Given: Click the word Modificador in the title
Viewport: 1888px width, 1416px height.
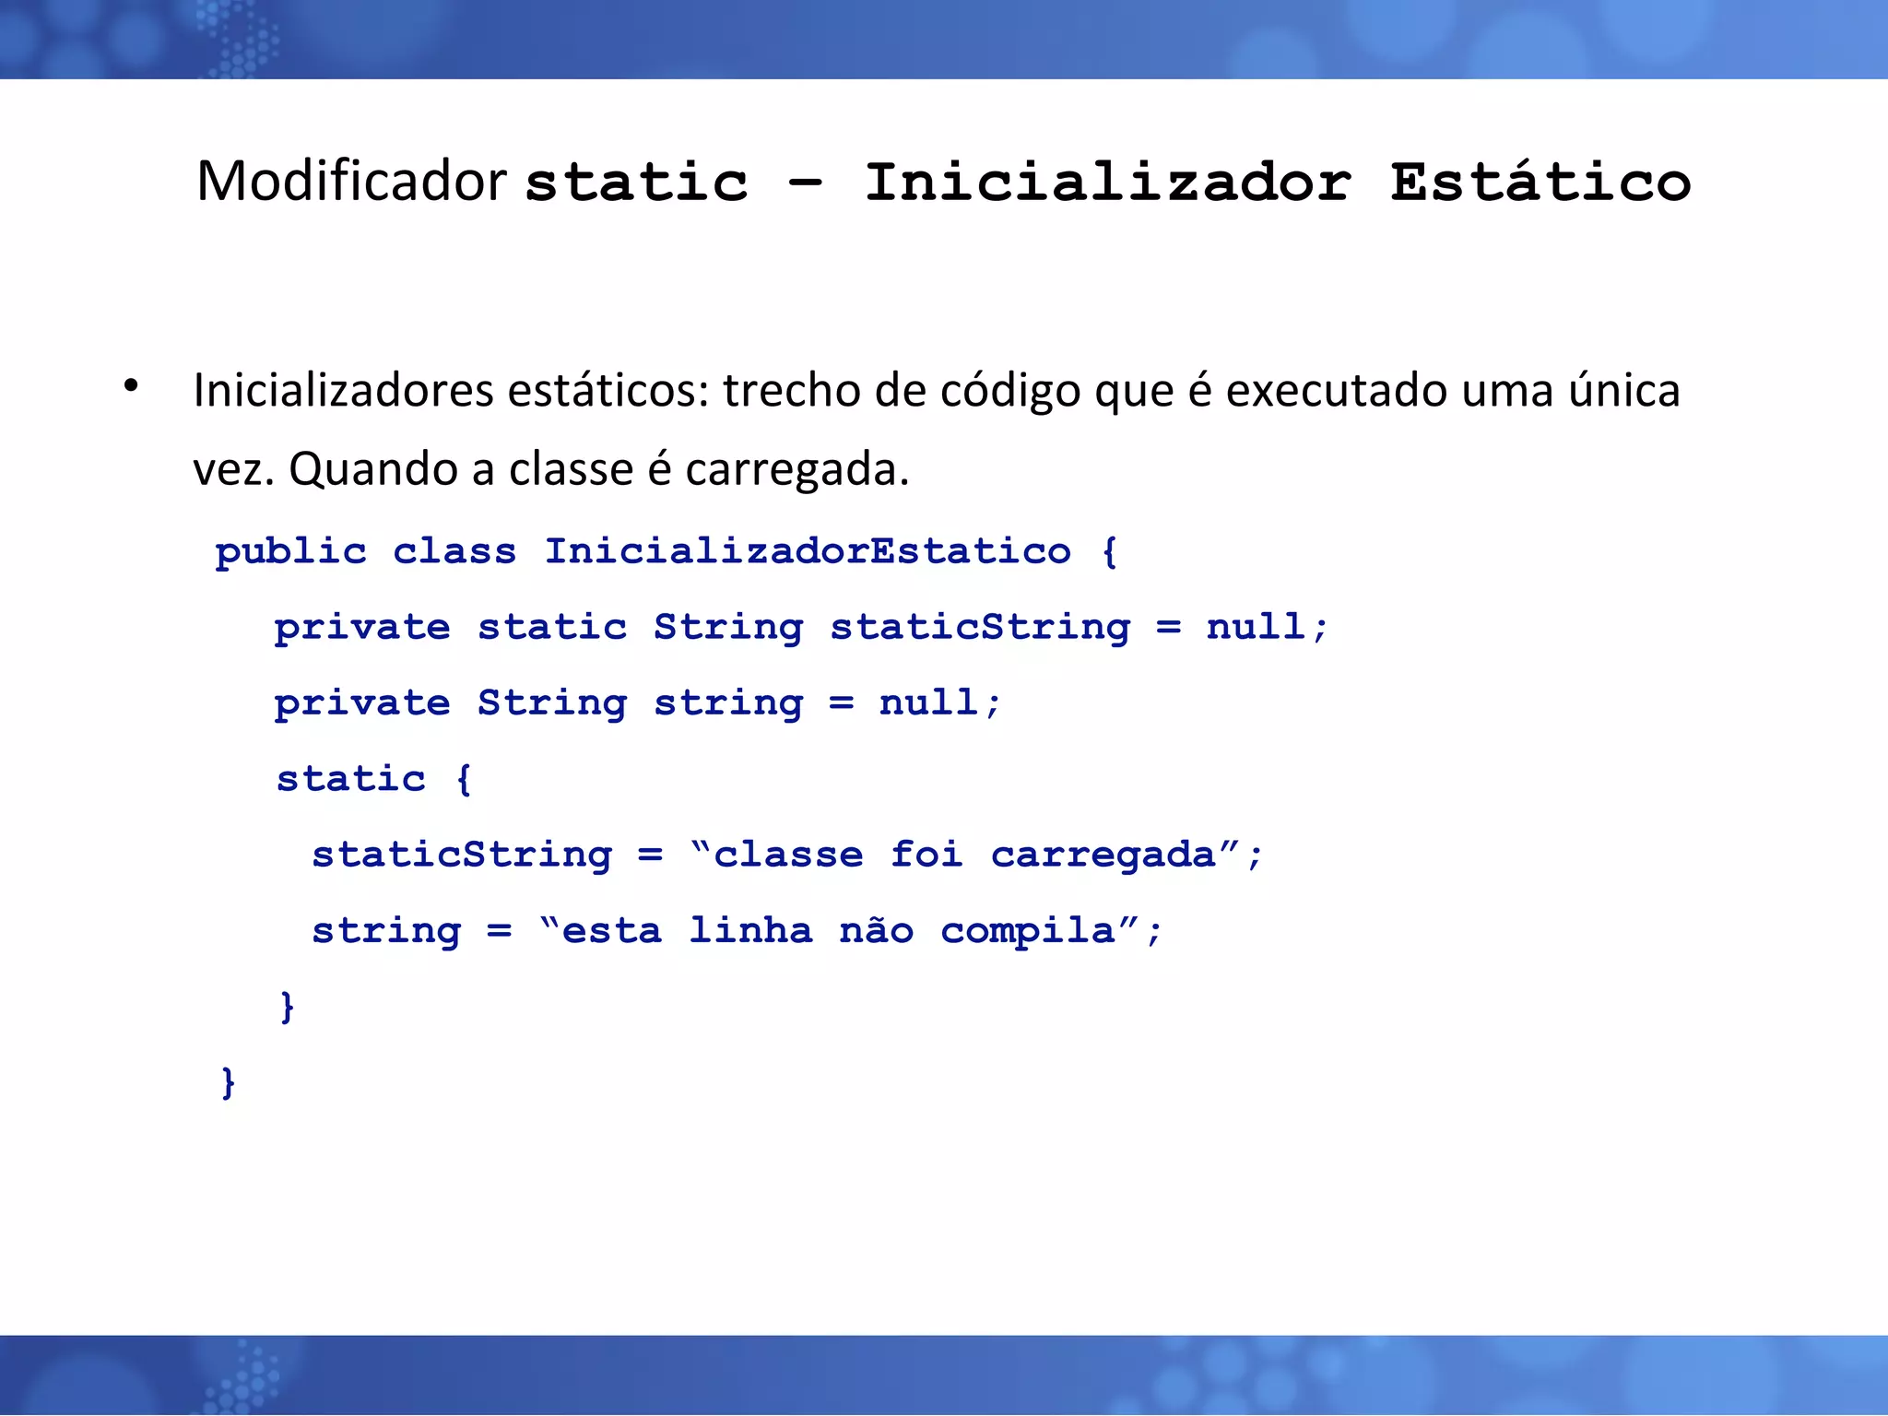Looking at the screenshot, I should click(351, 181).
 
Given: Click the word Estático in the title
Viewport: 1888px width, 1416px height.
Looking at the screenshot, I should click(1540, 183).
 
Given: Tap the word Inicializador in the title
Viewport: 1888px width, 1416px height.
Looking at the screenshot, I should click(1107, 183).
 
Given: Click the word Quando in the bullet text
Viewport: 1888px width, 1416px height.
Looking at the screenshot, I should click(373, 470).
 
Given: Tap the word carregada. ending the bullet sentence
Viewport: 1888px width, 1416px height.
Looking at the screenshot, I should click(796, 470).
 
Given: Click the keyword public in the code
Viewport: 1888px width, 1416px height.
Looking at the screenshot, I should click(290, 552).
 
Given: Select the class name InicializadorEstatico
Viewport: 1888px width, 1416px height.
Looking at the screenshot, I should click(808, 552).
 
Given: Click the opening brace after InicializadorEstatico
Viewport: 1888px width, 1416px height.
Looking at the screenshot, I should click(1109, 552).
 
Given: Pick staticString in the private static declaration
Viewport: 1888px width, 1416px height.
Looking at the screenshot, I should click(980, 628).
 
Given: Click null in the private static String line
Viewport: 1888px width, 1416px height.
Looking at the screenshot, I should click(1256, 628).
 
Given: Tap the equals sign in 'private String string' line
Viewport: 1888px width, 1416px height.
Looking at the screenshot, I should click(841, 703).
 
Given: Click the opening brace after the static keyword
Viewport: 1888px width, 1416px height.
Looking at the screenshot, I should click(464, 779).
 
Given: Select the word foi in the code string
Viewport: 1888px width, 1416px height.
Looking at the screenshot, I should click(926, 855).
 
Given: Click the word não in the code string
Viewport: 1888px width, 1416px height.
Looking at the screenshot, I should click(876, 930).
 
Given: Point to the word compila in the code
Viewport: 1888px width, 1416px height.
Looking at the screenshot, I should click(1028, 931).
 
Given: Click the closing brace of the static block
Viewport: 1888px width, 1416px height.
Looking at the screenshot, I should click(287, 1006).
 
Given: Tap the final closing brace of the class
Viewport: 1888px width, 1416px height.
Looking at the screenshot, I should click(228, 1081).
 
